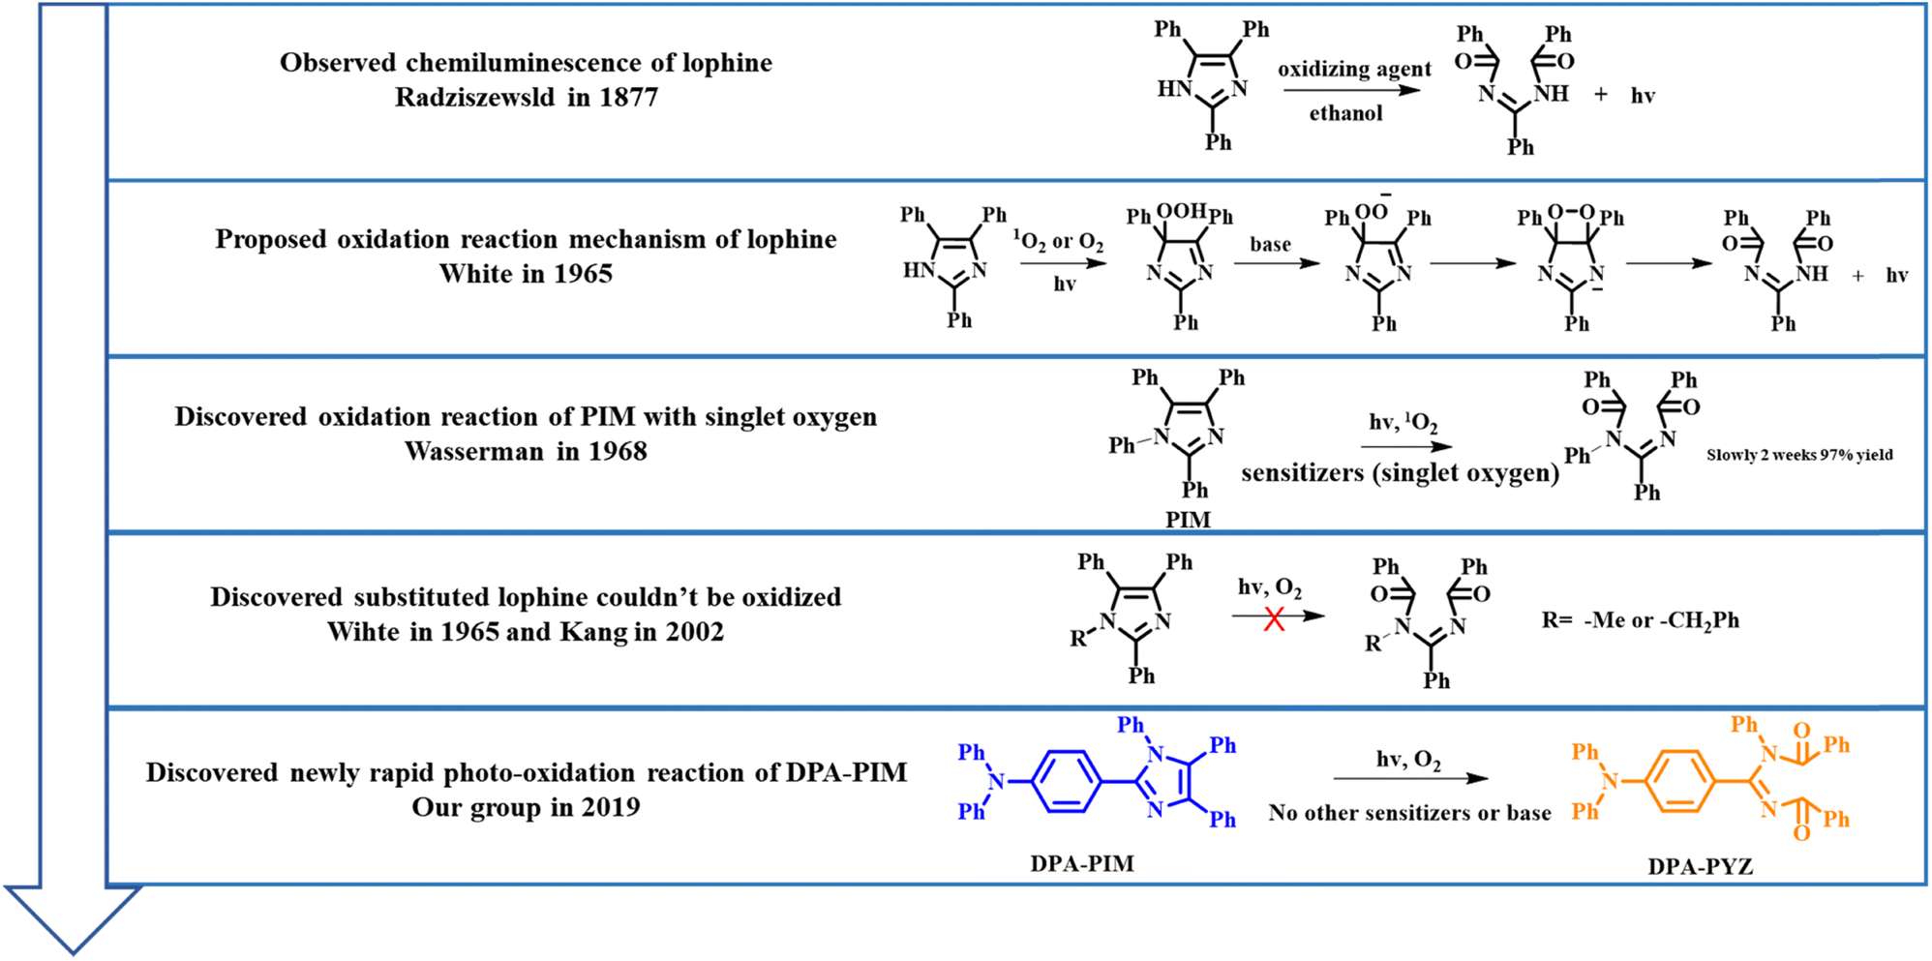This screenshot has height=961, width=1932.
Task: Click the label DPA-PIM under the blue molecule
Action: (1081, 863)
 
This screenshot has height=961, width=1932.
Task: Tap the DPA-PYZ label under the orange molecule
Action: (1700, 866)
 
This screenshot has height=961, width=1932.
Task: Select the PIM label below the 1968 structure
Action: (1188, 520)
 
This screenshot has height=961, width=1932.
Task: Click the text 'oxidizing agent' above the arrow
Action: (1353, 69)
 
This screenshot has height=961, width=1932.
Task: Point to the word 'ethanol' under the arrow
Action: (1345, 113)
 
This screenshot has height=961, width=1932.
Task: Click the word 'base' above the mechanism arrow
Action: (1270, 244)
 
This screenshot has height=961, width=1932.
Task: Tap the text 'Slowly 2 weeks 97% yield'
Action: (1798, 455)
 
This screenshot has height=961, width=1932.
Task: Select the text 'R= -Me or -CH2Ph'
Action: (1640, 620)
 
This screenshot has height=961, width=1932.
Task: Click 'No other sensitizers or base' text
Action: (1409, 813)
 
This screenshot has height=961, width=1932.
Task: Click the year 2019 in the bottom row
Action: (610, 807)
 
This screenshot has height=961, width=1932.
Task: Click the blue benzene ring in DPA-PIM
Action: (1067, 781)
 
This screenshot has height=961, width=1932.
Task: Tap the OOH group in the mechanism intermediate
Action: (1181, 211)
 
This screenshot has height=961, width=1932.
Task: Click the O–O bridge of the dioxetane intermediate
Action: (1570, 211)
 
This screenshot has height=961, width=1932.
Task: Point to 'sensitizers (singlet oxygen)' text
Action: (1400, 473)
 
